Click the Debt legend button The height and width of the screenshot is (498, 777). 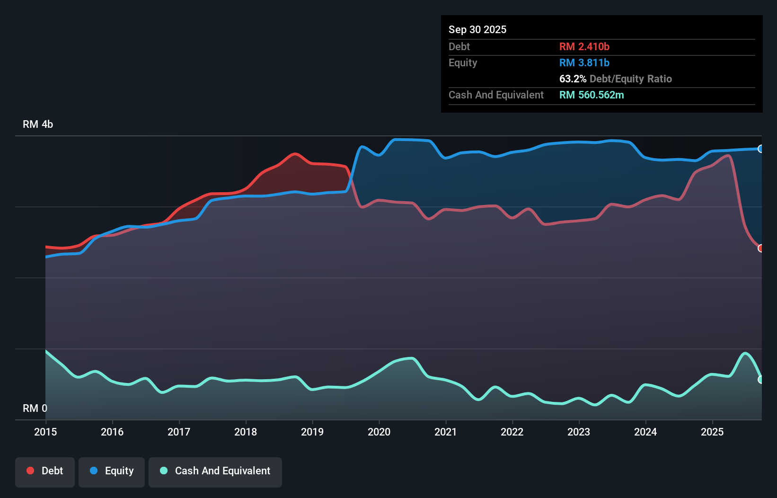(45, 471)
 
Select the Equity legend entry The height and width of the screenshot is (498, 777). (112, 471)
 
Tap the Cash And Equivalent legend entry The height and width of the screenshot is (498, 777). (215, 471)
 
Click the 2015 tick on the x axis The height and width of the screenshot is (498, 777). (45, 432)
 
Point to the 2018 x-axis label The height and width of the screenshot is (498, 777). (246, 432)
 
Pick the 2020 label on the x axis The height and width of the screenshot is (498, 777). (379, 432)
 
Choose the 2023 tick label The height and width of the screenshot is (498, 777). (579, 432)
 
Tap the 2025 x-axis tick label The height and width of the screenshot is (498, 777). (712, 432)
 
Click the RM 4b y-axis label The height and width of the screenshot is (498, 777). (38, 124)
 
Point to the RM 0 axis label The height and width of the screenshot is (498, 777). (35, 408)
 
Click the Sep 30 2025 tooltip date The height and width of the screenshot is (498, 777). (477, 29)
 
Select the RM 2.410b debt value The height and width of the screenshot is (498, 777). (584, 46)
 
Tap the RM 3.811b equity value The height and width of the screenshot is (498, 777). (584, 62)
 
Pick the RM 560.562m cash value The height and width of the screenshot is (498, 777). (592, 95)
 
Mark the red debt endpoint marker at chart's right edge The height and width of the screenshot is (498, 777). (760, 248)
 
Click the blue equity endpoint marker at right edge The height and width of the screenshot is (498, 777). (760, 149)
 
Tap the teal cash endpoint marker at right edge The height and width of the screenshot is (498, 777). (760, 379)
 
